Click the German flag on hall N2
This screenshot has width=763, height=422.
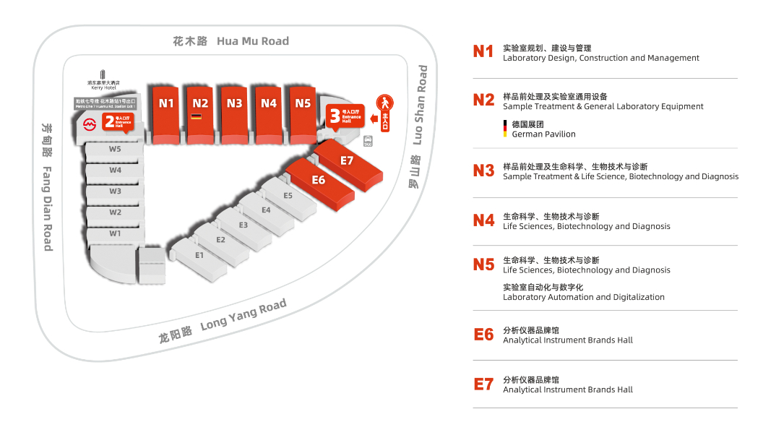[196, 116]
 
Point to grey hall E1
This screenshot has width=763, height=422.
[199, 255]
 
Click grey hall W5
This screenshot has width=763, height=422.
[115, 150]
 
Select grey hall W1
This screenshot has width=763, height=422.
[115, 234]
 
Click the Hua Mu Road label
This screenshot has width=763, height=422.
[230, 41]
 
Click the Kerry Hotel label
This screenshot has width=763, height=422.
[103, 87]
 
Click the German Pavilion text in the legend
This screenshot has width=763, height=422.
[543, 134]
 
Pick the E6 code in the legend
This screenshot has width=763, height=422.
[483, 335]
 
